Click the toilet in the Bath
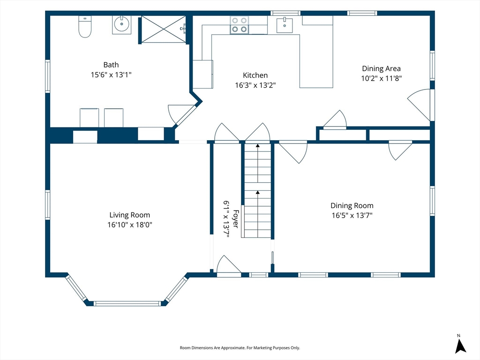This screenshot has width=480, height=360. (x=85, y=27)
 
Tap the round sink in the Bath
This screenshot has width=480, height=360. (x=121, y=24)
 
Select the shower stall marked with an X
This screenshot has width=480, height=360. (x=164, y=30)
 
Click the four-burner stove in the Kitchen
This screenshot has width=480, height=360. (x=240, y=25)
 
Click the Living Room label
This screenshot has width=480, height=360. (x=130, y=215)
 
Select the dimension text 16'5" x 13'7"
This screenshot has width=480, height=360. (x=352, y=216)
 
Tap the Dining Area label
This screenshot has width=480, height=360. (x=381, y=68)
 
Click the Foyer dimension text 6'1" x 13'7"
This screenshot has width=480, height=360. (x=226, y=219)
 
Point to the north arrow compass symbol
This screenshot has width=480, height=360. (x=460, y=344)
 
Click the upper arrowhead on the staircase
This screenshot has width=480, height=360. (x=258, y=146)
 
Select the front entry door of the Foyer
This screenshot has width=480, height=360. (x=228, y=265)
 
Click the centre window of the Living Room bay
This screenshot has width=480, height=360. (x=127, y=304)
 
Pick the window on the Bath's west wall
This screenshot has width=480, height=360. (x=47, y=76)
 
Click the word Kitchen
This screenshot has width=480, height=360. (x=255, y=75)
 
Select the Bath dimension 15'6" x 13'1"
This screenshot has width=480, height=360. (x=111, y=75)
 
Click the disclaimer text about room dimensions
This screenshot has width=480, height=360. (x=240, y=348)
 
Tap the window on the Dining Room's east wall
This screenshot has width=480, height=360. (x=432, y=201)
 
